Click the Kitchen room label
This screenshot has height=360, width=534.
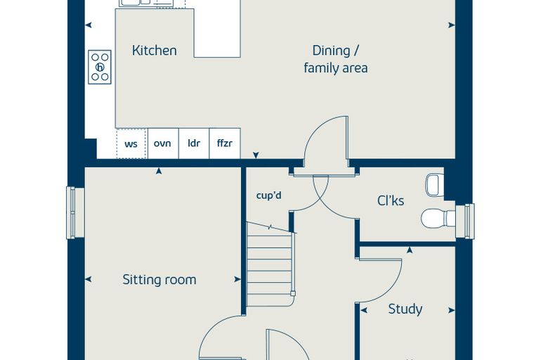[x=155, y=51]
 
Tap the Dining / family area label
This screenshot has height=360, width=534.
[x=335, y=59]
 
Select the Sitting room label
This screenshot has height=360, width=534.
[x=159, y=280]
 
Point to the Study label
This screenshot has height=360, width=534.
[x=405, y=309]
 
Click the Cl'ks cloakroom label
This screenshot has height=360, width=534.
[x=391, y=200]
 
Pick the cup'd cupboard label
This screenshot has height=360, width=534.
[x=268, y=195]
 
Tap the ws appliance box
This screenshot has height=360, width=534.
[x=132, y=143]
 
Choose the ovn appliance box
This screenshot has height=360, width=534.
[x=163, y=143]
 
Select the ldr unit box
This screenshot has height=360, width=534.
[x=194, y=143]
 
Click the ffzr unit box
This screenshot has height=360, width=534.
[x=225, y=143]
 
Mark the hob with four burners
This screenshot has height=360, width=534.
[x=100, y=67]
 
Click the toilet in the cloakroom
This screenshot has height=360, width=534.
[x=438, y=218]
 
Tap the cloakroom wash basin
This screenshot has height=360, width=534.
[x=435, y=185]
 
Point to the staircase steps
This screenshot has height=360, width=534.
[x=270, y=264]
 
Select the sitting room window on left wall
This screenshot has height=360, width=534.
[x=71, y=213]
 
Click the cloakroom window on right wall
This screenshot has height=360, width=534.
[x=469, y=221]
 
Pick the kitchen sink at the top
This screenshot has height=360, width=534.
[x=152, y=3]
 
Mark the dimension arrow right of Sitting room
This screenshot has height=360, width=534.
[x=237, y=280]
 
